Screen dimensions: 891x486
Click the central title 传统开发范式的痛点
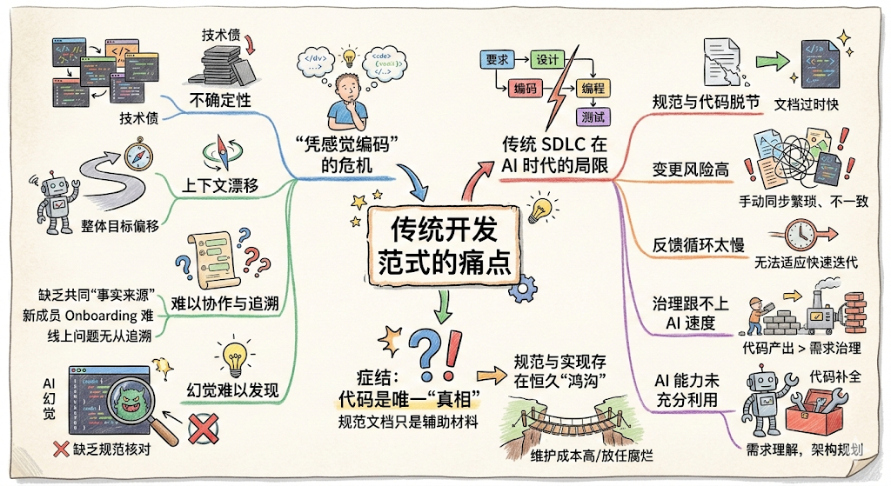pyautogui.click(x=444, y=245)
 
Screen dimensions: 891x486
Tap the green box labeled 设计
pyautogui.click(x=547, y=60)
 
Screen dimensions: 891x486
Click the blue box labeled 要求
pyautogui.click(x=497, y=60)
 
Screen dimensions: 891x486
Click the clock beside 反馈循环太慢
pyautogui.click(x=801, y=233)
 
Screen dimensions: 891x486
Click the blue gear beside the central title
pyautogui.click(x=523, y=290)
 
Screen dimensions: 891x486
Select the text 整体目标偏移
pyautogui.click(x=120, y=226)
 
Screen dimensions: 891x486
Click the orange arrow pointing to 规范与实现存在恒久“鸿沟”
pyautogui.click(x=492, y=376)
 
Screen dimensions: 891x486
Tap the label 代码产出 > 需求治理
pyautogui.click(x=800, y=348)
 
